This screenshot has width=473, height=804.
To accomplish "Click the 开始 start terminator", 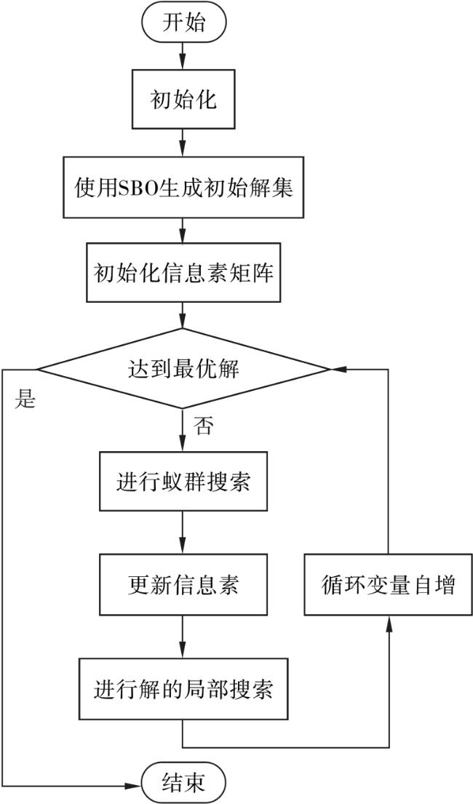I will point(183,23).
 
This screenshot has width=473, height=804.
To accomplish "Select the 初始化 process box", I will point(183,99).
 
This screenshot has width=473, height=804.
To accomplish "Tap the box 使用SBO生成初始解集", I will point(183,188).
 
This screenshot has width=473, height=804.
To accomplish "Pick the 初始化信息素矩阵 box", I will point(183,272).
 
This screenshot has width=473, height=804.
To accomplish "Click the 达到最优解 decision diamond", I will point(183,369).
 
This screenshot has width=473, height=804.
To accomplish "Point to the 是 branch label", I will point(25,399).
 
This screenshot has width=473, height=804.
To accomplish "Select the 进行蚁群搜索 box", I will point(183,482).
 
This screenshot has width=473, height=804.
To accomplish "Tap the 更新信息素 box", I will point(183,585).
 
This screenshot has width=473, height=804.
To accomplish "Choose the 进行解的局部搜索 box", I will point(183,688).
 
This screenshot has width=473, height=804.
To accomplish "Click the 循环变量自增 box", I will point(388,586).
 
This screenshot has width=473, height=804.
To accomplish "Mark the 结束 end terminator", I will point(183,783).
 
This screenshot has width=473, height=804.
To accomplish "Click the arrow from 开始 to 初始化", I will point(183,57).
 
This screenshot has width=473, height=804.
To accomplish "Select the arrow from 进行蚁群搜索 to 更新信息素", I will point(183,533).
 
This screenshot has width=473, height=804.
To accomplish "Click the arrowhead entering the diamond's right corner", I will point(336,369).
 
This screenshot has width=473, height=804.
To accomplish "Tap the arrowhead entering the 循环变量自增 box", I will point(388,622).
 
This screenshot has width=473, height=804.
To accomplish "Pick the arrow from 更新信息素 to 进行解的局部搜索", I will point(183,637).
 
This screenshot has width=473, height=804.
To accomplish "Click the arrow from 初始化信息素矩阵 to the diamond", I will point(183,316).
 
